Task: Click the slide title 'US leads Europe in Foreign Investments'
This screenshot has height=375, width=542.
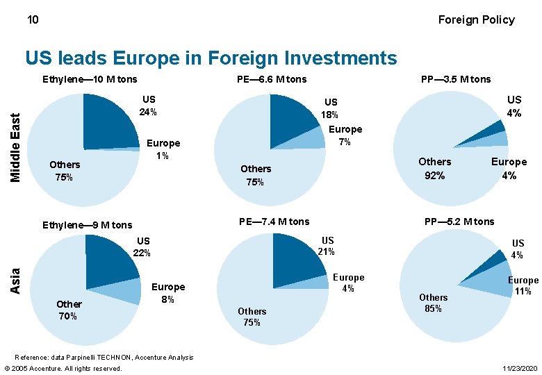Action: (x=211, y=58)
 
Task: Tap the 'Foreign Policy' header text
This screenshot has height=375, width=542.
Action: (x=476, y=19)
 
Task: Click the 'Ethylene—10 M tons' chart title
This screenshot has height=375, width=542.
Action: (x=90, y=79)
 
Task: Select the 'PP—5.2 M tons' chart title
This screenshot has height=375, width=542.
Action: (x=459, y=222)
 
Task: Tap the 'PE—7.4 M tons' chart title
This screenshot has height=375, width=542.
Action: (x=274, y=222)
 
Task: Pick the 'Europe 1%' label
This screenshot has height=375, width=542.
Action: (x=163, y=149)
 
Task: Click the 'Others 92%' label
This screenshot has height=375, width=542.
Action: (x=435, y=168)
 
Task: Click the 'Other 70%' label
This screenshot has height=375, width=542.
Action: (x=69, y=310)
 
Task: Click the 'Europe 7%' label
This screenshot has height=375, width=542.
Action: (x=345, y=135)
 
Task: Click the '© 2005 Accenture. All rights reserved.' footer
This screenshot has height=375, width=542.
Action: (x=63, y=368)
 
